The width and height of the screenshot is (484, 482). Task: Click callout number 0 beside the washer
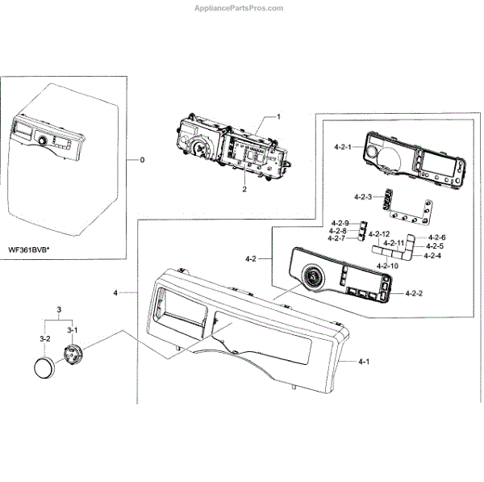pyautogui.click(x=142, y=160)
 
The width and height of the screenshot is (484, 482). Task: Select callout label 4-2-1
pyautogui.click(x=342, y=148)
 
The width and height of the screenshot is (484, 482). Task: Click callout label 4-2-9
pyautogui.click(x=339, y=223)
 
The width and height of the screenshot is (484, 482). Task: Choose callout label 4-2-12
pyautogui.click(x=379, y=234)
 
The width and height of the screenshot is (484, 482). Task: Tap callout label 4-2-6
pyautogui.click(x=436, y=237)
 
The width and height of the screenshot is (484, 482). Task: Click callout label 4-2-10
pyautogui.click(x=390, y=266)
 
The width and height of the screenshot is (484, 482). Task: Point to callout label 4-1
pyautogui.click(x=365, y=363)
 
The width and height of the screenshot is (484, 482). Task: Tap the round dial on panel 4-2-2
pyautogui.click(x=311, y=280)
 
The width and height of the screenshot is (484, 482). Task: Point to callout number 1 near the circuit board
pyautogui.click(x=278, y=117)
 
